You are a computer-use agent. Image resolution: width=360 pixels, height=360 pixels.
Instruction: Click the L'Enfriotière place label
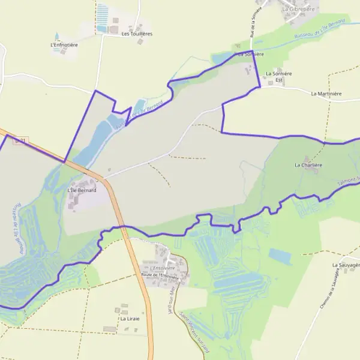pyautogui.click(x=65, y=44)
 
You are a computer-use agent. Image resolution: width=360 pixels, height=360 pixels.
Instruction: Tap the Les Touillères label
pyautogui.click(x=137, y=34)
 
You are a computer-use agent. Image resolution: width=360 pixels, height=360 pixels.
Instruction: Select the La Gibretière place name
pyautogui.click(x=298, y=10)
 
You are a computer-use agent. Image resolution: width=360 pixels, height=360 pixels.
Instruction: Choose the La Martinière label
pyautogui.click(x=326, y=94)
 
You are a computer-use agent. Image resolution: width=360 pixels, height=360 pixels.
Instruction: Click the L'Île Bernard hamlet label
pyautogui.click(x=82, y=190)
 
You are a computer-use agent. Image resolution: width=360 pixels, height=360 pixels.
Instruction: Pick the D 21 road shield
pyautogui.click(x=20, y=141)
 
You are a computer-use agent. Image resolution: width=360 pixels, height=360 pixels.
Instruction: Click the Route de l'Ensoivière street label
pyautogui.click(x=160, y=275)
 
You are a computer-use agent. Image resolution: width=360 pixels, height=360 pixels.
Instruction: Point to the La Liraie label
pyautogui.click(x=130, y=319)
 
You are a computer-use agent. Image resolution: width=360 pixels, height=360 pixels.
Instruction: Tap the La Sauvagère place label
pyautogui.click(x=346, y=264)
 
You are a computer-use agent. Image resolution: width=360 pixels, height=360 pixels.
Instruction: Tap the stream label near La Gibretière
pyautogui.click(x=319, y=29)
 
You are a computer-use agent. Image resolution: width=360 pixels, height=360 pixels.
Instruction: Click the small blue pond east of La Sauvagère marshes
pyautogui.click(x=280, y=256)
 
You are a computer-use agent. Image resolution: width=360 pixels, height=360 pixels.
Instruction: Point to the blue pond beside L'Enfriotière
pyautogui.click(x=57, y=37)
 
